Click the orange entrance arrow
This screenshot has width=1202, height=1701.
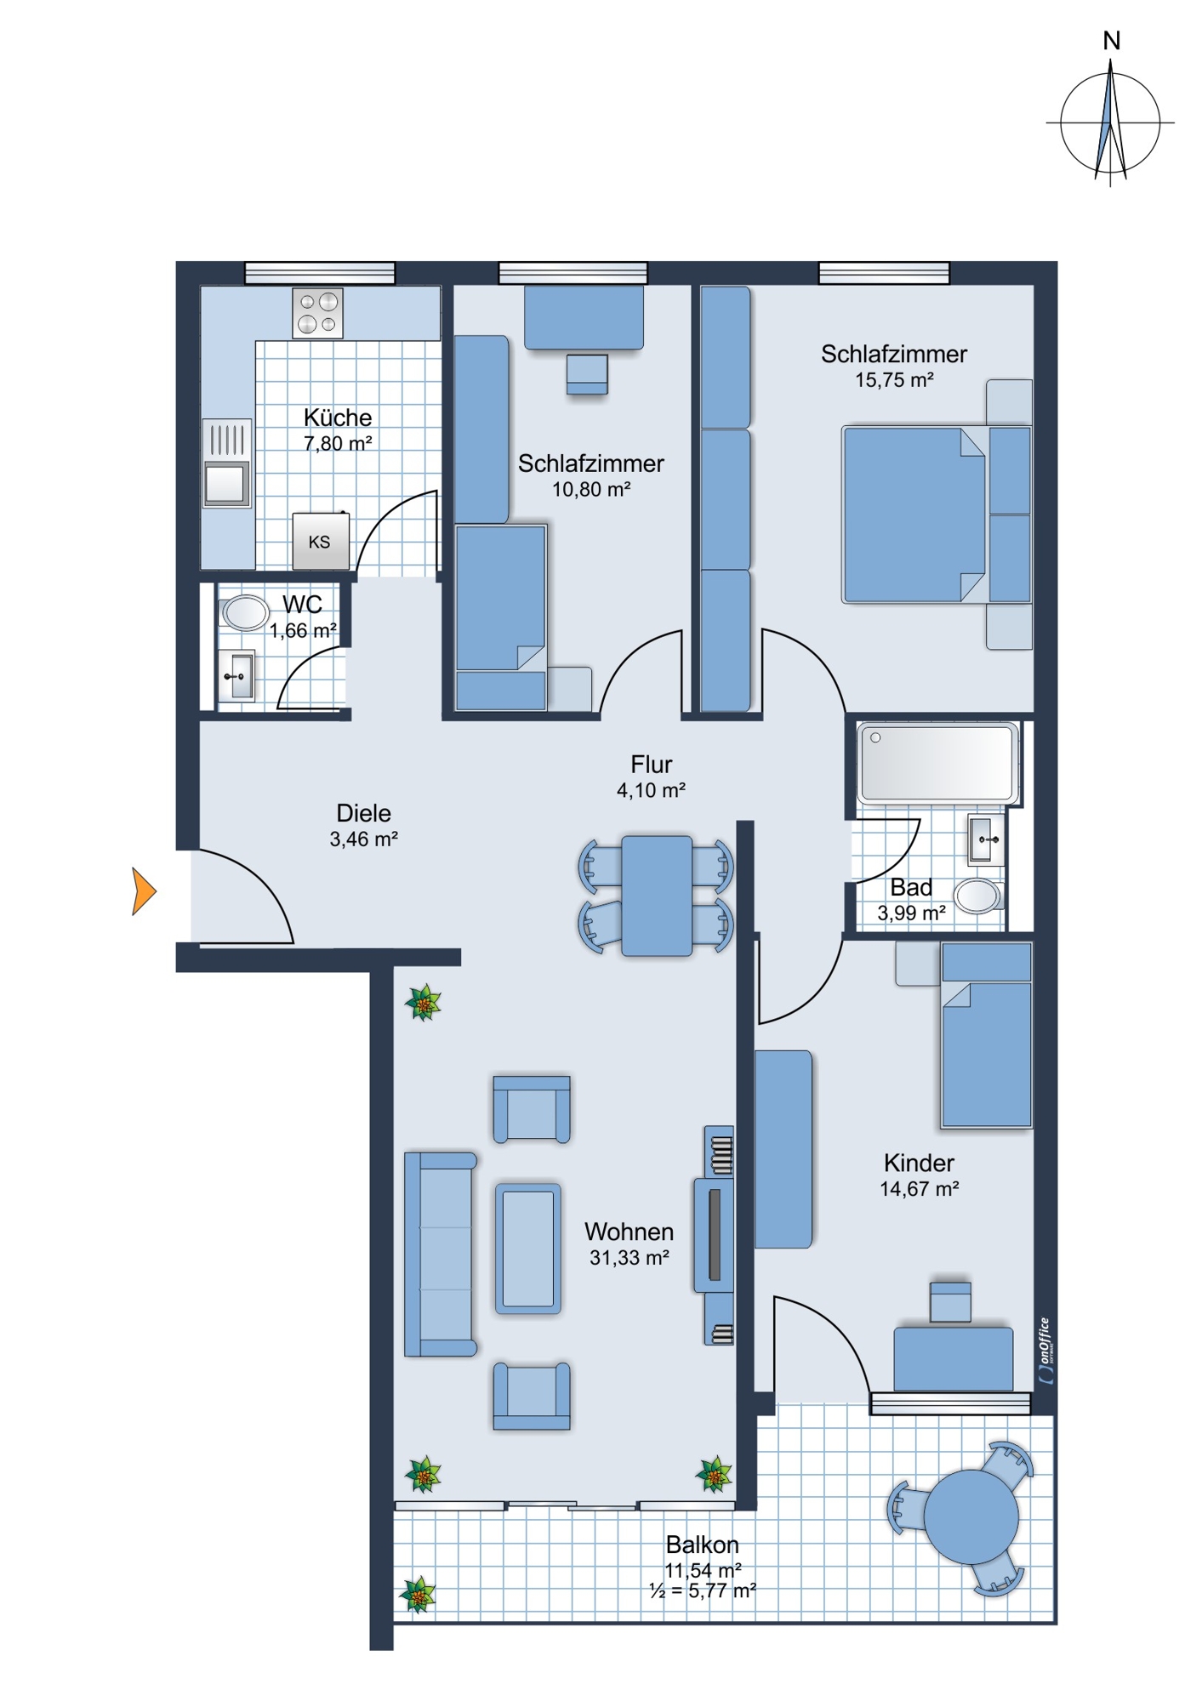click(x=143, y=891)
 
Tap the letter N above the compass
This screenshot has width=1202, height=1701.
click(x=1111, y=41)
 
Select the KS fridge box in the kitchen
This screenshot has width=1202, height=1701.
click(x=320, y=541)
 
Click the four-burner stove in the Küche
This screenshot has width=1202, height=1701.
click(x=317, y=313)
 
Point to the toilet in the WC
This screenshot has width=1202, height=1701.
click(x=244, y=612)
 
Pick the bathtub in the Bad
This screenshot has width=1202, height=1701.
click(x=937, y=763)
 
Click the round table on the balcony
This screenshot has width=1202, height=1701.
click(x=971, y=1516)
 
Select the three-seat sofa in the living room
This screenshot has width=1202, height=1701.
click(x=439, y=1254)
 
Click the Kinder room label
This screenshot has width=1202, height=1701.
click(x=919, y=1163)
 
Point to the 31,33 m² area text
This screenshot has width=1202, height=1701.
click(x=629, y=1258)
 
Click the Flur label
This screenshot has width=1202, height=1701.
click(x=652, y=764)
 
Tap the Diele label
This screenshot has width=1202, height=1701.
click(x=364, y=812)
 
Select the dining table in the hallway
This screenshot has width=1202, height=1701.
click(x=656, y=896)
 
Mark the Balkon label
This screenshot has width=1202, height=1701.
click(x=703, y=1544)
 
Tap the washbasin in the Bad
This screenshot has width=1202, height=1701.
click(x=987, y=839)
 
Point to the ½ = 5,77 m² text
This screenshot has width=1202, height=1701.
click(x=703, y=1590)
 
